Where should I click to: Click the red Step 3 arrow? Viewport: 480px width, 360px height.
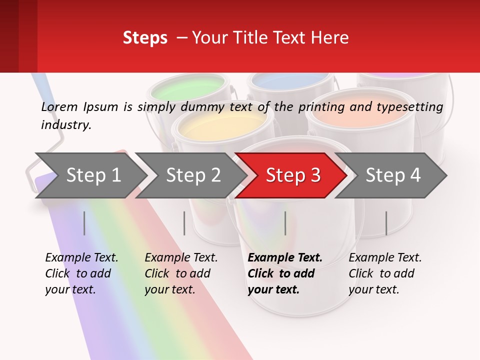tap(292, 175)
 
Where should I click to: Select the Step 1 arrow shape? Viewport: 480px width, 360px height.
tap(93, 175)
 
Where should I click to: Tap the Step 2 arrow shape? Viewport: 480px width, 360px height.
tap(193, 175)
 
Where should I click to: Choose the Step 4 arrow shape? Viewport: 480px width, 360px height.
tap(393, 175)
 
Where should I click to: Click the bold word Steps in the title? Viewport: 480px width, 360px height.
tap(145, 37)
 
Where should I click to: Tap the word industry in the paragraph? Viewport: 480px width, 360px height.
tap(65, 124)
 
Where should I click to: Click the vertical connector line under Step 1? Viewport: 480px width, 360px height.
tap(84, 223)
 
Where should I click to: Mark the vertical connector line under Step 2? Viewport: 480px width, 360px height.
tap(184, 223)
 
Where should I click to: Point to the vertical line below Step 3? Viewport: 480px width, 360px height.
tap(285, 223)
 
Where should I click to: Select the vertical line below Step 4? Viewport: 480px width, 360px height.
tap(386, 223)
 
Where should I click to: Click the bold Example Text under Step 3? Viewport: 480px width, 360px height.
tap(285, 257)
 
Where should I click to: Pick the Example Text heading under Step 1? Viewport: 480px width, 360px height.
tap(81, 257)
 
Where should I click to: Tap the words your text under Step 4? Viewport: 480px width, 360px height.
tap(373, 289)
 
